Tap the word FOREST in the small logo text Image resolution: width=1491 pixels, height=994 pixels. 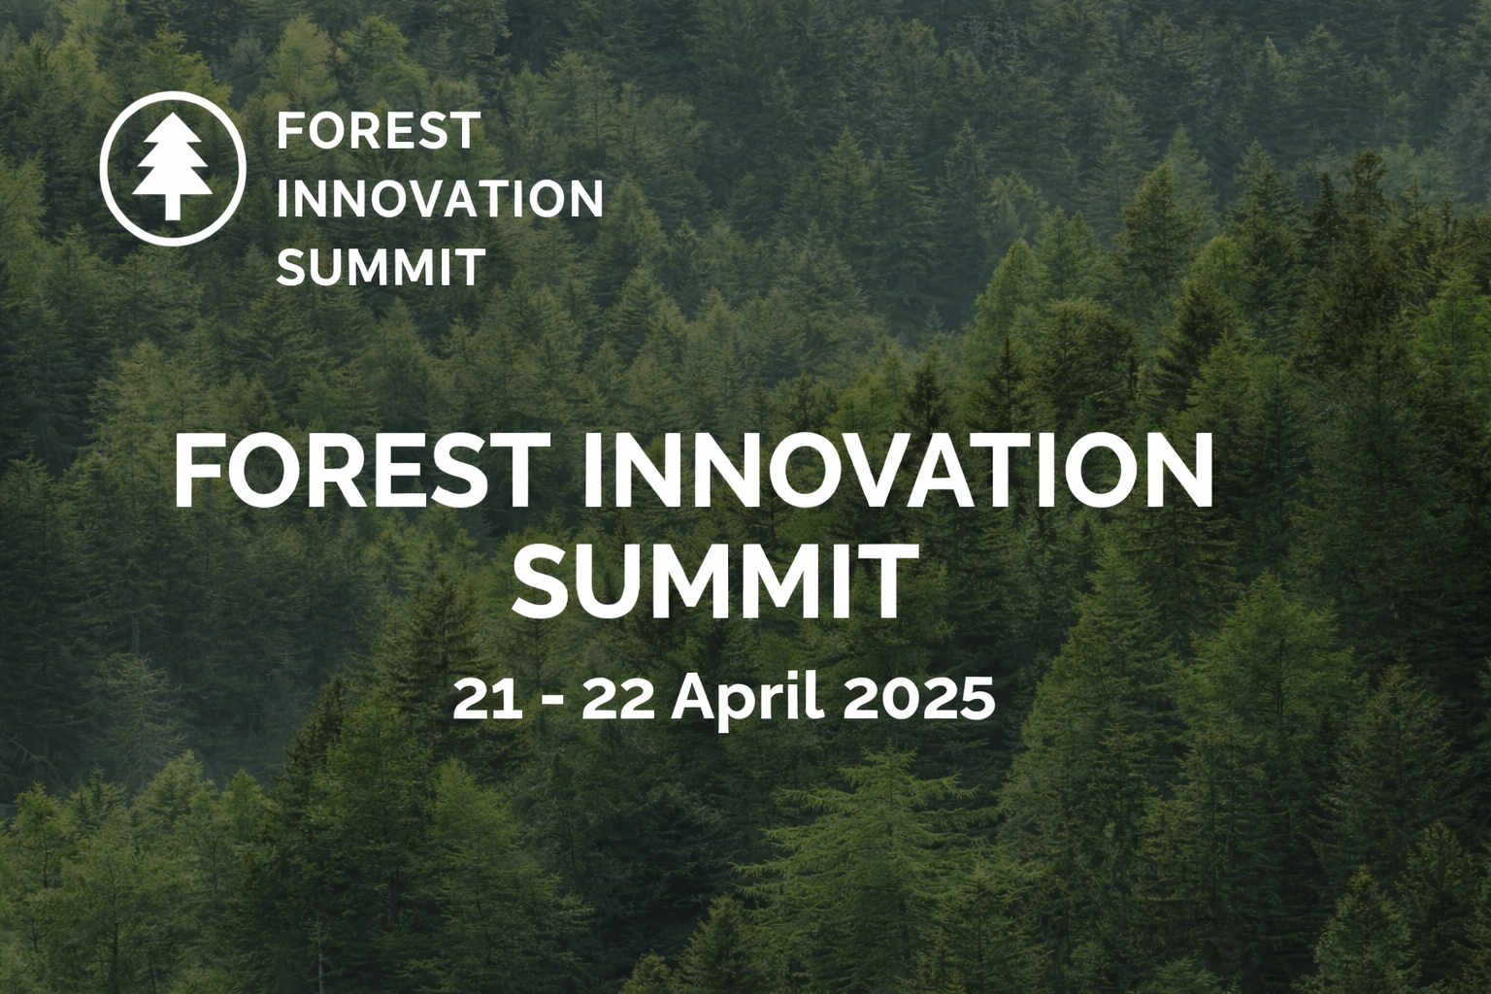[x=379, y=131]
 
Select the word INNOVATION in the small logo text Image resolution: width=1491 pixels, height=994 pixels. [x=440, y=199]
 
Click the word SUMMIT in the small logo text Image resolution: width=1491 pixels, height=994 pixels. [x=381, y=267]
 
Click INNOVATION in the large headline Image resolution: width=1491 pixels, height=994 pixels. [x=897, y=473]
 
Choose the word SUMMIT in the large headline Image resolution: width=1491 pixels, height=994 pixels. [x=714, y=583]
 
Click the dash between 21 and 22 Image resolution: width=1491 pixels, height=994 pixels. [x=551, y=701]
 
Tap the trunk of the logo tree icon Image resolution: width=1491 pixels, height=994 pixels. [x=172, y=205]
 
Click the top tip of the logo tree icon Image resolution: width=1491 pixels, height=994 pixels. [x=172, y=125]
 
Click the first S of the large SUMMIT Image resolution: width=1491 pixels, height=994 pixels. [x=540, y=583]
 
